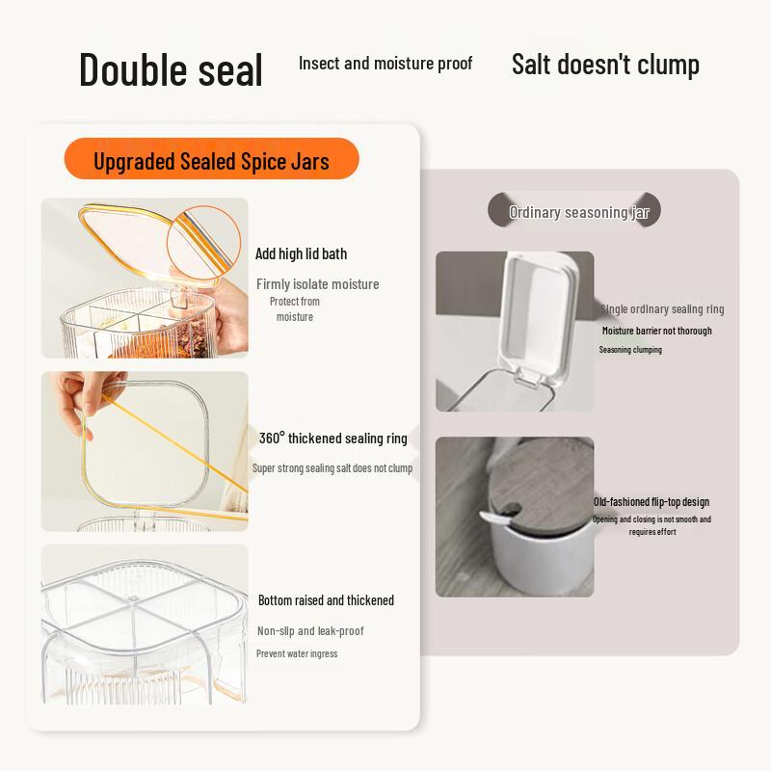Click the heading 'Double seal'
point(171,70)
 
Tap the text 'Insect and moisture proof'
point(385,64)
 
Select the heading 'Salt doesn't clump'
point(605,65)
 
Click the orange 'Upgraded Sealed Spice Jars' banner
point(211,160)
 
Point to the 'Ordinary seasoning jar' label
point(575,212)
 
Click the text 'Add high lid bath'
point(301,254)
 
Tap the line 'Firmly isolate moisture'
point(317,284)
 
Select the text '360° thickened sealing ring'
point(332,439)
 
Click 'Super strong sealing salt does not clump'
point(332,468)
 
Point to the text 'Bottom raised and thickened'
point(326,600)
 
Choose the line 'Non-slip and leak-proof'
point(310,631)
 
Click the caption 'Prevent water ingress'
point(297,653)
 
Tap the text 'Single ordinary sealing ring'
point(662,309)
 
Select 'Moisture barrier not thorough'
point(657,331)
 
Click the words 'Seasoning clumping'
point(630,350)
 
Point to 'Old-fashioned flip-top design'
point(651,502)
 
